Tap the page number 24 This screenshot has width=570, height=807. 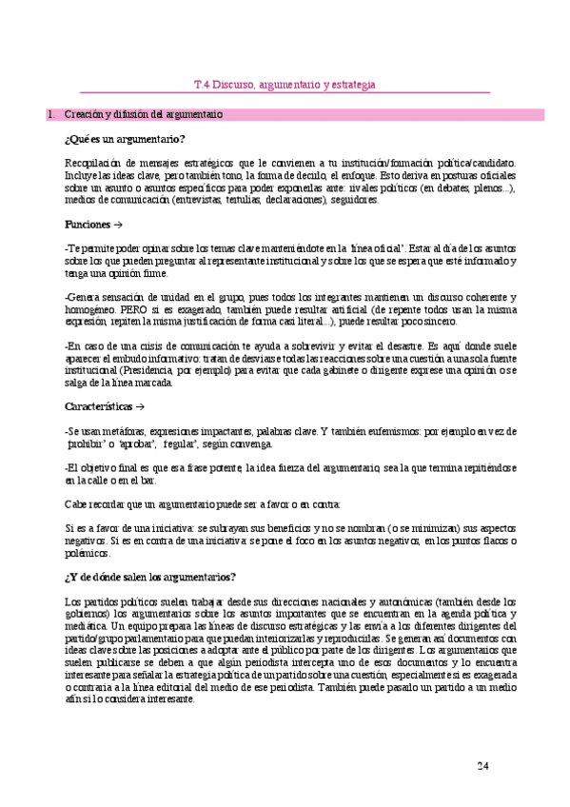(x=482, y=766)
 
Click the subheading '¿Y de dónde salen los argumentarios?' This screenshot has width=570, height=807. (x=150, y=577)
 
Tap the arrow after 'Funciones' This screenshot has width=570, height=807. (x=118, y=225)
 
